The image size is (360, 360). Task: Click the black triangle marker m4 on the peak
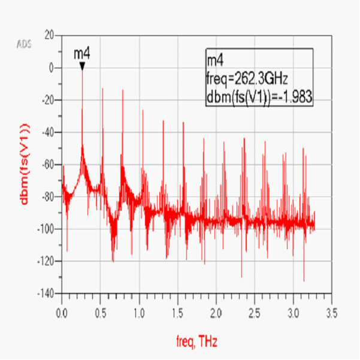[x=82, y=66]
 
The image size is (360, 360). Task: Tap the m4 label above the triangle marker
[x=82, y=54]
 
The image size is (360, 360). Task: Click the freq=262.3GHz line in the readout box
[x=247, y=79]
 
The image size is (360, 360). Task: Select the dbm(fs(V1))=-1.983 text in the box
[x=259, y=96]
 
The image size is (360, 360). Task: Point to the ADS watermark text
[x=24, y=44]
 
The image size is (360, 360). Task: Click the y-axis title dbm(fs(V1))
[x=25, y=164]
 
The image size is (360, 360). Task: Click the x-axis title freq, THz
[x=196, y=342]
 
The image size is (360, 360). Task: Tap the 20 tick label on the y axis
[x=49, y=36]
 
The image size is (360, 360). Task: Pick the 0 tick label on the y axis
[x=52, y=68]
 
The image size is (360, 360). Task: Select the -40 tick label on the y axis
[x=48, y=132]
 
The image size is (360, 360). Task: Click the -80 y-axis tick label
[x=48, y=196]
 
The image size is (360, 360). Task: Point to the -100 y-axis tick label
[x=46, y=229]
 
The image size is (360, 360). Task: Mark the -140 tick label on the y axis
[x=46, y=294]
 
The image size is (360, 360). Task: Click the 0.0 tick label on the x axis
[x=62, y=314]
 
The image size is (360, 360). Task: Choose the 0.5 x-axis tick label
[x=101, y=314]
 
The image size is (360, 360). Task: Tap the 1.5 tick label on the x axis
[x=178, y=314]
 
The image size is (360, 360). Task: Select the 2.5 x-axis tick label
[x=255, y=314]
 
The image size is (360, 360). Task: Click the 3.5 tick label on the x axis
[x=332, y=314]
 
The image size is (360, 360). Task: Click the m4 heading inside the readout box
[x=215, y=61]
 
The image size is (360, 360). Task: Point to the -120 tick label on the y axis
[x=46, y=261]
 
